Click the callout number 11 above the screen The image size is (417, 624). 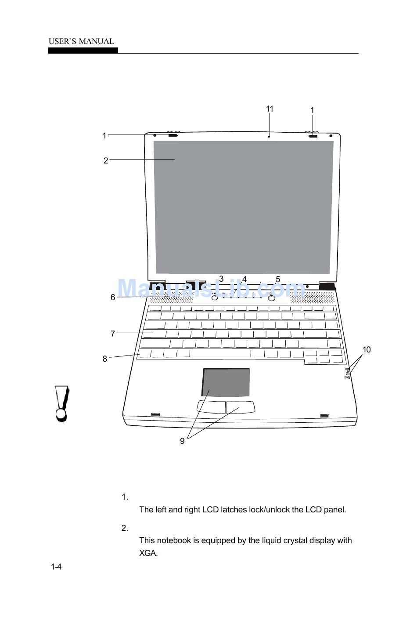coord(270,109)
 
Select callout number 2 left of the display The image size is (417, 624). coord(106,160)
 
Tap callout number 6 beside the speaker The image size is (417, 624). coord(113,297)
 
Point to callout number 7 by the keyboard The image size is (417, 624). coord(113,334)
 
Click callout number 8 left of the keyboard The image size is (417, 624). coord(105,359)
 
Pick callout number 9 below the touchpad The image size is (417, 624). coord(182,441)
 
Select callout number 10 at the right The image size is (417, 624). coord(367,349)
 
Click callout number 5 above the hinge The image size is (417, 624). coord(278,279)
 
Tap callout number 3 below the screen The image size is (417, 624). coord(221,279)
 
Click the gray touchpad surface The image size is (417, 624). coord(226,382)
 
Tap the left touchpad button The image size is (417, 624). coord(211,407)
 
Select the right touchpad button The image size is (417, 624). coord(241,407)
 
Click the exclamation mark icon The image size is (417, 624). coord(62,403)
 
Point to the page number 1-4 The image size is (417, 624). coord(56,567)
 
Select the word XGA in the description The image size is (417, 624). coord(148,553)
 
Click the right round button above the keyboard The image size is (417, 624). coord(272,298)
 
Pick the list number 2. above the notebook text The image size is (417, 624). coord(125,528)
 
